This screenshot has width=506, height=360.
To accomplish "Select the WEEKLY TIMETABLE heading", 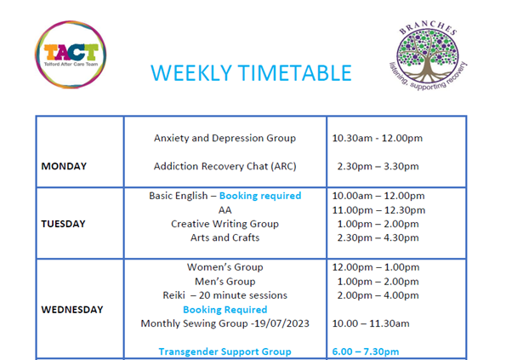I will coord(251,73).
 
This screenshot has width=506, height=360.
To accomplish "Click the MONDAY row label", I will coord(64,166).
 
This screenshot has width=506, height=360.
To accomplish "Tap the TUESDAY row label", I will coord(64,224).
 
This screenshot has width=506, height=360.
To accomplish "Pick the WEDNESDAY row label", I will coord(72,309).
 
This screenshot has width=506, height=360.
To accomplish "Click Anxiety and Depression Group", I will coord(225,138).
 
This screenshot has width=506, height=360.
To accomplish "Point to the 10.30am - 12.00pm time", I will coord(377,138).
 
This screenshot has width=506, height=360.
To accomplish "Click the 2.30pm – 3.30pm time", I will coord(378,166).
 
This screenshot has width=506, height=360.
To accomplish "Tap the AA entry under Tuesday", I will coord(225,209).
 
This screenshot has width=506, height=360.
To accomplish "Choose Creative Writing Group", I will coord(225,224).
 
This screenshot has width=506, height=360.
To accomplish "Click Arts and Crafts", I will coord(225,237).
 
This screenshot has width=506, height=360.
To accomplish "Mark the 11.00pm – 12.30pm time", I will coord(378,209).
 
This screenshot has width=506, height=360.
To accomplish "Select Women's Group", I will coord(225,267).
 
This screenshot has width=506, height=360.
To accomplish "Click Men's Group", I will coord(225,281).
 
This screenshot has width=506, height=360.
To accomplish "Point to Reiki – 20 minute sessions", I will coord(225,295).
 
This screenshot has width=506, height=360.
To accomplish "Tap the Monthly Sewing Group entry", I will coord(225,323).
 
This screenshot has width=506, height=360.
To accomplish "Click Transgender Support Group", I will coord(225,351).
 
